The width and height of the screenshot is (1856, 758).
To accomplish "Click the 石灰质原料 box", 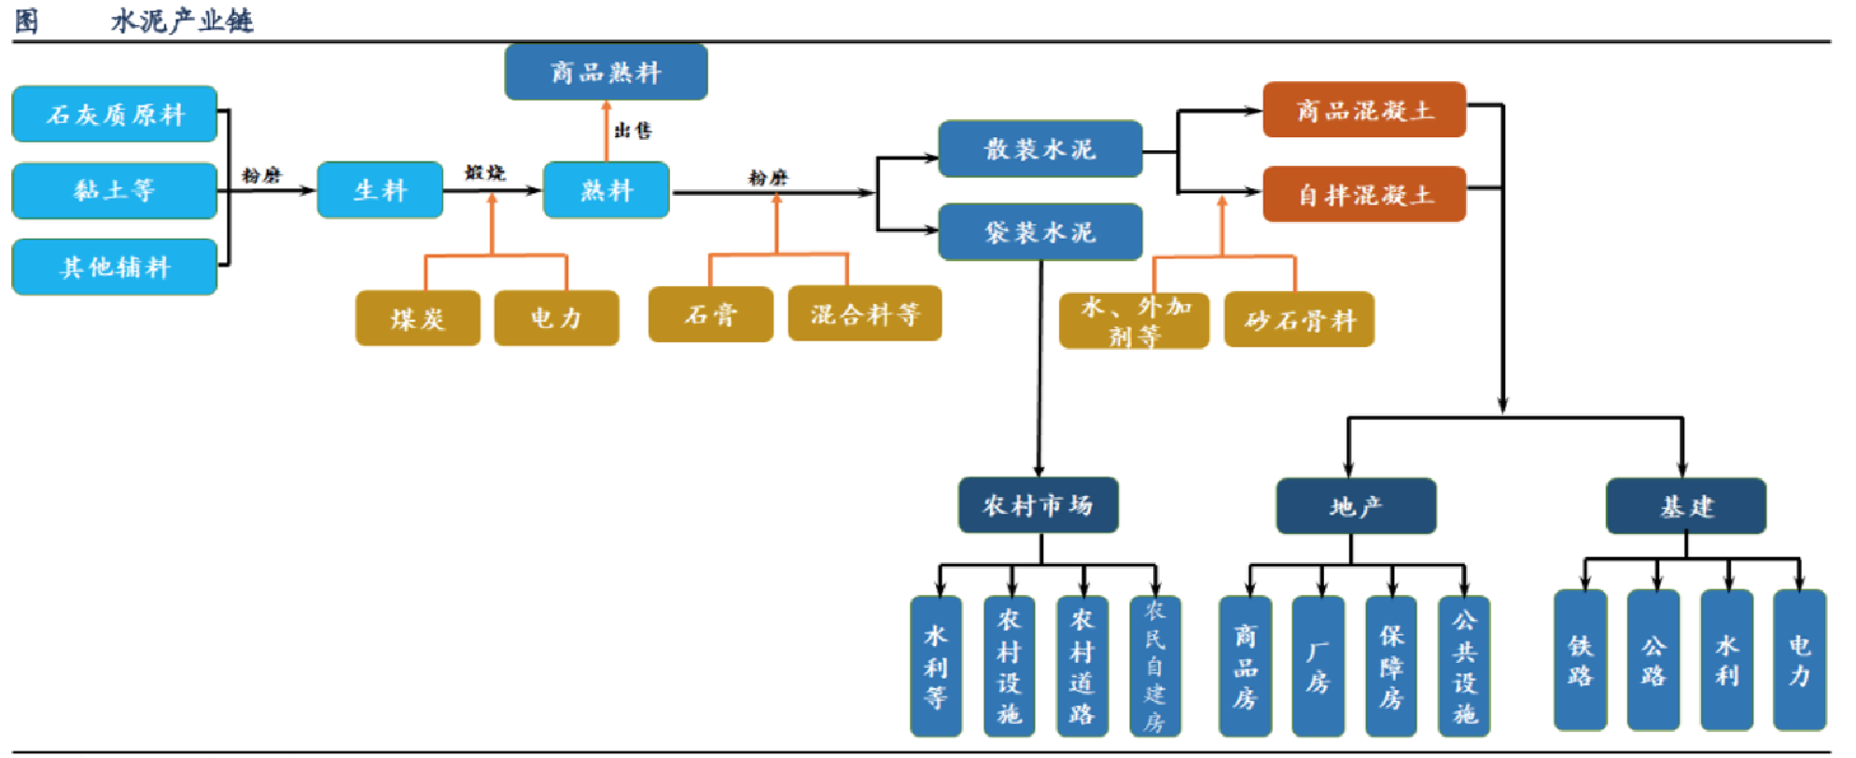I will tap(114, 115).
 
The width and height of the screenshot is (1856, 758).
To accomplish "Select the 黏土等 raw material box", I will tap(114, 191).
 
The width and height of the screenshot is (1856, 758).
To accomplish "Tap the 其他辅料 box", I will tap(114, 268).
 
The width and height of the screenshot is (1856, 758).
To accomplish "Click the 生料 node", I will tap(380, 190).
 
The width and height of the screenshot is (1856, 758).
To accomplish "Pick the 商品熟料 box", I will tap(606, 72).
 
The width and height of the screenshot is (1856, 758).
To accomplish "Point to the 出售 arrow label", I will tap(633, 131).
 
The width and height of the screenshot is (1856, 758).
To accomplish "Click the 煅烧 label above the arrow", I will tap(484, 172).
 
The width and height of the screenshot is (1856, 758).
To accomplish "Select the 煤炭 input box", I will tap(417, 319).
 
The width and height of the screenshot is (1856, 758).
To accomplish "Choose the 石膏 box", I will tap(710, 315).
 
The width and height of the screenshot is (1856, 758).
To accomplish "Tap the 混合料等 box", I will tap(864, 314).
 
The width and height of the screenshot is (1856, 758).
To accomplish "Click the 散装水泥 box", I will tap(1040, 149).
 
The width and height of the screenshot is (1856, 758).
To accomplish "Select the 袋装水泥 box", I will tap(1040, 232).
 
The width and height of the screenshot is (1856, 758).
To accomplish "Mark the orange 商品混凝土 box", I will tap(1363, 110).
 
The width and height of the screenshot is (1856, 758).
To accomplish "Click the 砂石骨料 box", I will tap(1298, 320).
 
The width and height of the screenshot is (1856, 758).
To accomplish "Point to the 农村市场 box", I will tap(1038, 505).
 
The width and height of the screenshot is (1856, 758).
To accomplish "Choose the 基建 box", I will tap(1685, 506).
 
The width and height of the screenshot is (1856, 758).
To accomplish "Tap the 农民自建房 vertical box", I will tap(1154, 666).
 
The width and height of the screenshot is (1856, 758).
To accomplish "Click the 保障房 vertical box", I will tap(1390, 666).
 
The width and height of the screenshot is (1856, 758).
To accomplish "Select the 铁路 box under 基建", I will tap(1580, 660).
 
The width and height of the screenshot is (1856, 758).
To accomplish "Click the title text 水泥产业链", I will tap(182, 21).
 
